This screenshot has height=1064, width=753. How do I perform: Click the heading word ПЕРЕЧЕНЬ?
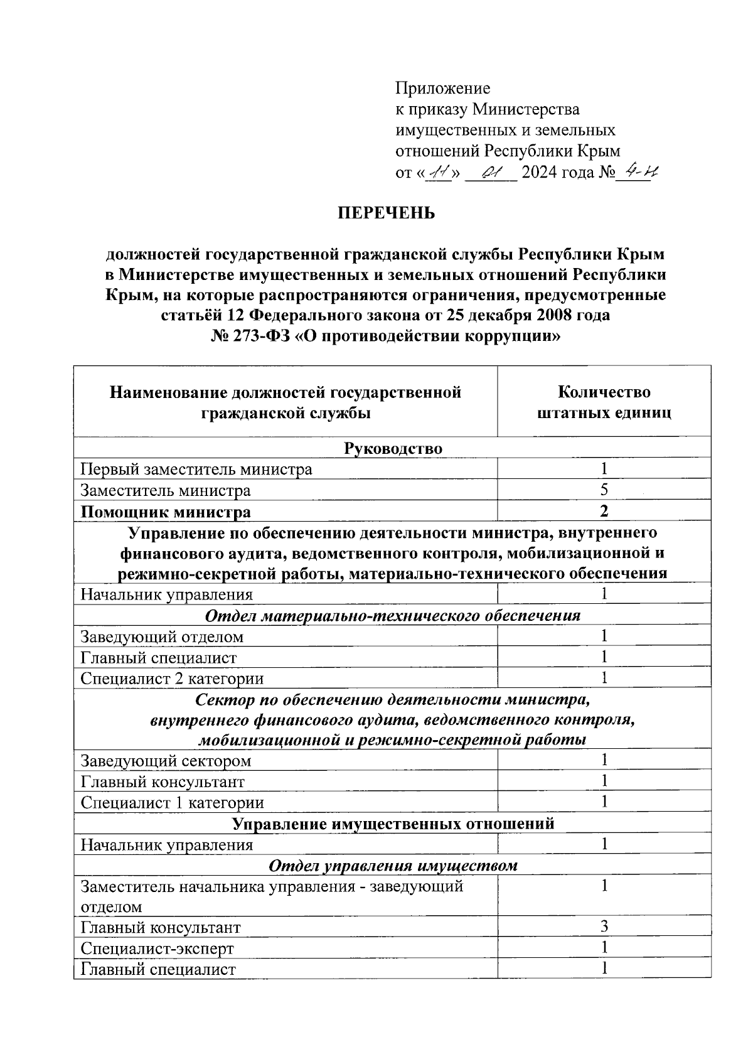tap(387, 213)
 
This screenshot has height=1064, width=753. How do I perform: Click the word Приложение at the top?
tap(442, 88)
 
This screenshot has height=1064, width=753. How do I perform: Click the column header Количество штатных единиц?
tap(604, 402)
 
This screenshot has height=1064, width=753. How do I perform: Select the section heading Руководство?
tap(393, 448)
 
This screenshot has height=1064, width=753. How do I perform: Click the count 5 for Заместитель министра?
tap(604, 490)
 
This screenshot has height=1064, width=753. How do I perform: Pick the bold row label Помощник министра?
tap(166, 512)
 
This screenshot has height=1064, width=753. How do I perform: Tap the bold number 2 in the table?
tap(604, 511)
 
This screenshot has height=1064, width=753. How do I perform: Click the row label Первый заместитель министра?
tap(196, 469)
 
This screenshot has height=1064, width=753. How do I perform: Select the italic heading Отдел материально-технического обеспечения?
tap(393, 615)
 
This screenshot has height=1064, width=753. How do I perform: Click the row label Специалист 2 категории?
tap(172, 679)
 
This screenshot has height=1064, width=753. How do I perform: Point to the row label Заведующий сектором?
tap(166, 761)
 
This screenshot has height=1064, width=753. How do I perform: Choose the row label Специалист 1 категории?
tap(172, 803)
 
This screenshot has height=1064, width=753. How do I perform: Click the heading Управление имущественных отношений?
tap(393, 824)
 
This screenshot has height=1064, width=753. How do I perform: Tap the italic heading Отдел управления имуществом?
tap(393, 866)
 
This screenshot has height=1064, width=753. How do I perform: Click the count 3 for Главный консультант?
tap(604, 927)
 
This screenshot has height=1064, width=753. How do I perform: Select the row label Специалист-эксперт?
tap(157, 948)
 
